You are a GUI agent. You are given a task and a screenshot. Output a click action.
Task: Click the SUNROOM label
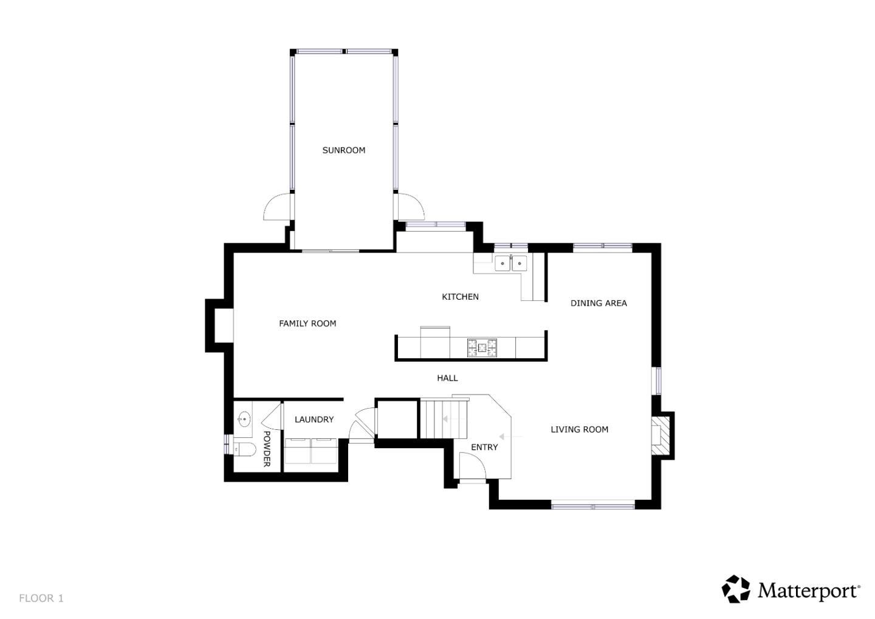[x=343, y=150]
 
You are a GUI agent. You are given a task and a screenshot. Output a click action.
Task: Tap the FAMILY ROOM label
[x=307, y=323]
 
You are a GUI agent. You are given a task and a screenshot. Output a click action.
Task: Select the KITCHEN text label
[x=460, y=297]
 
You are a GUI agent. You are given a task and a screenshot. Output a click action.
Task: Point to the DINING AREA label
[x=598, y=303]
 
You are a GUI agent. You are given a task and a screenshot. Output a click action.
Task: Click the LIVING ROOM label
[x=579, y=429]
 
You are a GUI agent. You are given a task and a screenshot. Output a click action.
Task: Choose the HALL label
[x=447, y=378]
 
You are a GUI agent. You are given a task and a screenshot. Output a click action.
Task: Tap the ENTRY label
[x=484, y=447]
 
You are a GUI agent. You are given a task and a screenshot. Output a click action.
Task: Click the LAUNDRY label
[x=314, y=420]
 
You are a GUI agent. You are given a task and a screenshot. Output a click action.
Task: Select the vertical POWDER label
[x=266, y=449]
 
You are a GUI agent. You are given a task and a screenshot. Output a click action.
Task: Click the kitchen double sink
[x=510, y=263]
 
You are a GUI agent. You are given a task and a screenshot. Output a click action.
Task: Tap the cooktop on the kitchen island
[x=482, y=348]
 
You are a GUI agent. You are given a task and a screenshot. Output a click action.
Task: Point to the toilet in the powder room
[x=244, y=449]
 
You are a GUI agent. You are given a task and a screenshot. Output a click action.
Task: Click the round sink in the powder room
[x=244, y=419]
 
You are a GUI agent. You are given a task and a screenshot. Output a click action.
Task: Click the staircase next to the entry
[x=444, y=419]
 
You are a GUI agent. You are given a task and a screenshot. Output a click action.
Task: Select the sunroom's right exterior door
[x=410, y=207]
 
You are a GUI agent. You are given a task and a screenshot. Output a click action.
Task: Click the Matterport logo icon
[x=736, y=589]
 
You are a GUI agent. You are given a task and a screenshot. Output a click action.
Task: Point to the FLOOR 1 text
[x=41, y=598]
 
